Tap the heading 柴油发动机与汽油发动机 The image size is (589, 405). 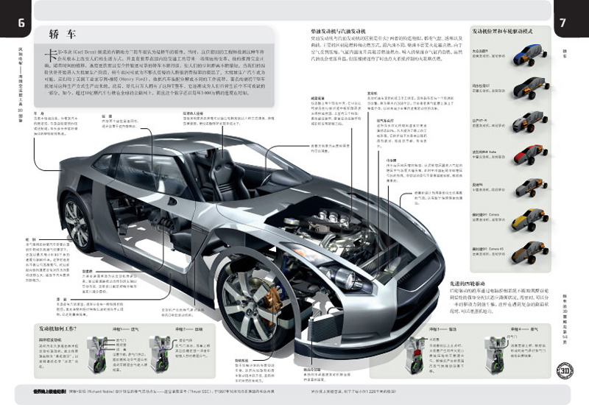tap(343, 32)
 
